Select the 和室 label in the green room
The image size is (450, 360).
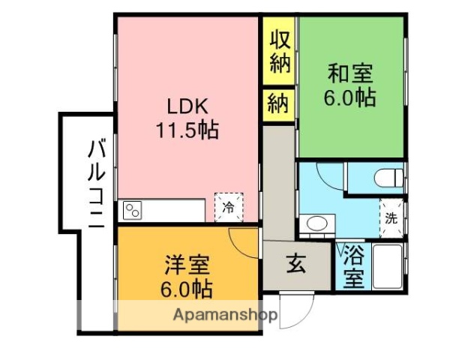pyautogui.click(x=349, y=74)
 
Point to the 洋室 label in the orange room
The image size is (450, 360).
pyautogui.click(x=187, y=265)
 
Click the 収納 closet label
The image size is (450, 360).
pyautogui.click(x=280, y=49)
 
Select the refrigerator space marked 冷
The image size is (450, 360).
pyautogui.click(x=229, y=207)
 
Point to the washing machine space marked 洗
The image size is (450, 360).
pyautogui.click(x=391, y=218)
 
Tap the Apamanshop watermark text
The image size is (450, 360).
pyautogui.click(x=222, y=316)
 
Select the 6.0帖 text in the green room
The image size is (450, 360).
pyautogui.click(x=349, y=97)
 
